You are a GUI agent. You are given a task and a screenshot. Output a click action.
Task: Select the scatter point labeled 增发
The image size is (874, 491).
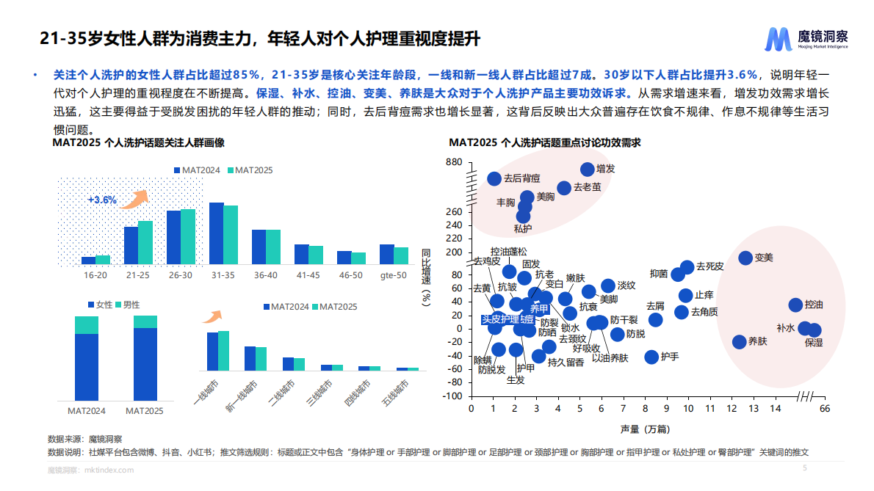[x=588, y=170]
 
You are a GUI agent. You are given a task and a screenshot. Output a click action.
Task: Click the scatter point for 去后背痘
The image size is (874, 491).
[x=494, y=178]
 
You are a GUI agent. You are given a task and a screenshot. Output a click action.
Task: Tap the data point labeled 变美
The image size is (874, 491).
[x=745, y=258]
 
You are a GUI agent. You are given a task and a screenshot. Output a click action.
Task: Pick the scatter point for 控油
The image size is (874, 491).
[x=795, y=305]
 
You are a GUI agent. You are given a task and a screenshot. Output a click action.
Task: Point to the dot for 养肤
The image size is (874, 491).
[x=739, y=342]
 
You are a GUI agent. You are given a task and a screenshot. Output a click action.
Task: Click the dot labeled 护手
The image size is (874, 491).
[x=651, y=357]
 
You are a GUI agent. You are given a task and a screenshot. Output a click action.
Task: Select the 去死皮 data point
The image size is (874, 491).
[x=687, y=267]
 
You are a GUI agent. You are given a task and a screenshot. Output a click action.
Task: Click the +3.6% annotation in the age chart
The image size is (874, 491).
[x=102, y=200]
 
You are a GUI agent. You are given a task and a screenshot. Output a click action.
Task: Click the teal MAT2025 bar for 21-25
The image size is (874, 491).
[x=145, y=242]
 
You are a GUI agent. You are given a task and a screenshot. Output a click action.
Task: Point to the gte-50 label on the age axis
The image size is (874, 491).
[x=393, y=275]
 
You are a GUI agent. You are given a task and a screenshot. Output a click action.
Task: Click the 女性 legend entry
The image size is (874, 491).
[x=99, y=305]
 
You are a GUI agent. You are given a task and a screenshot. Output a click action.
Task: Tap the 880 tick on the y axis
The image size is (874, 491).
[x=454, y=162]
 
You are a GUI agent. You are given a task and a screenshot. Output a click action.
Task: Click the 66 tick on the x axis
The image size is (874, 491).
[x=824, y=409]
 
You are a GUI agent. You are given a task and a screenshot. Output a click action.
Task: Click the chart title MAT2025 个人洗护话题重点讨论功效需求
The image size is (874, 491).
[x=545, y=142]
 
